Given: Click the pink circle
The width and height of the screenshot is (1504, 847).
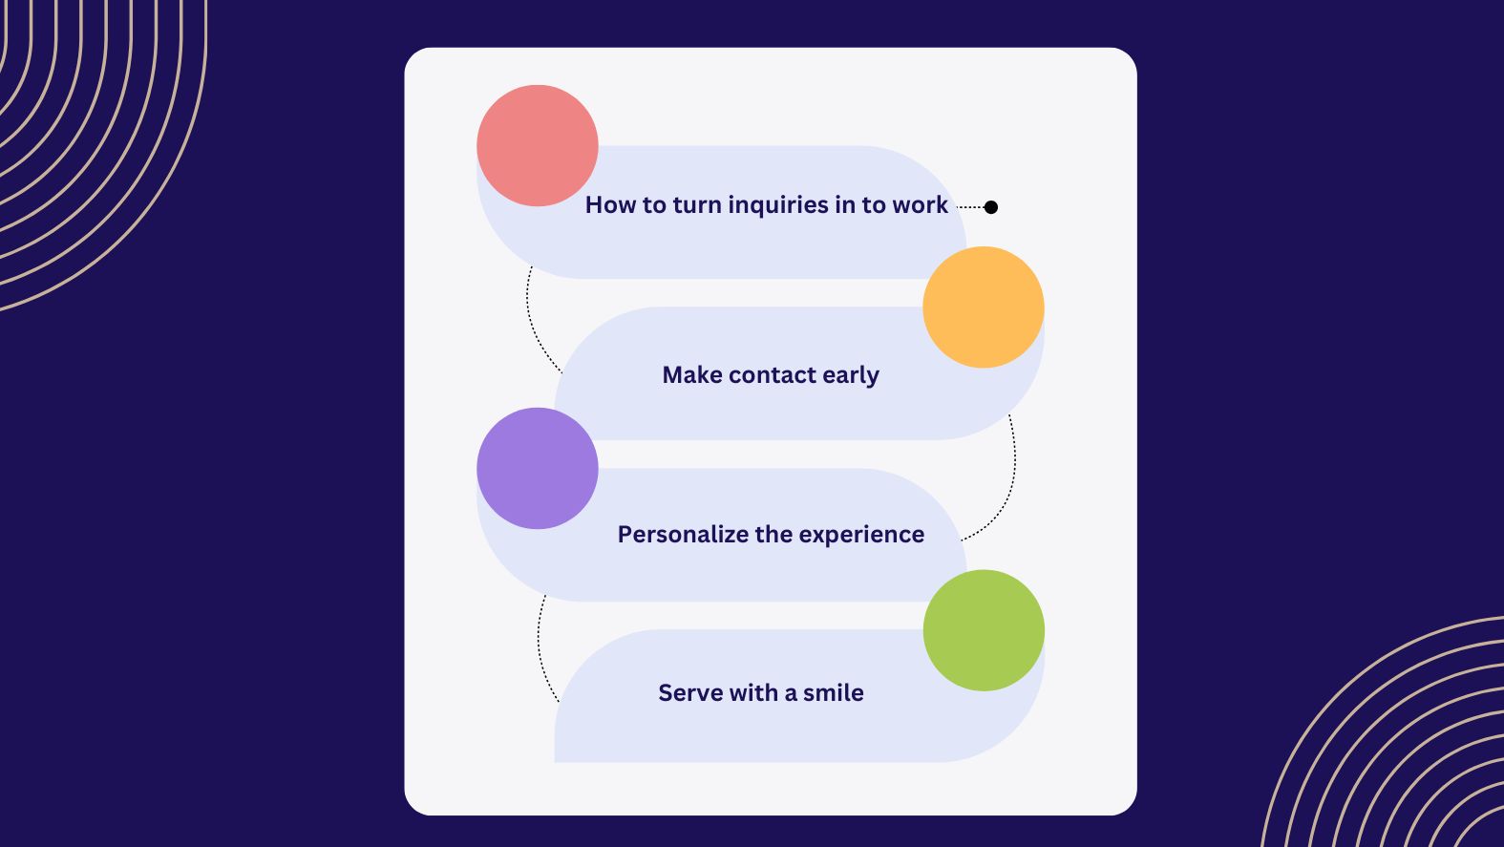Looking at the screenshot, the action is pos(537,145).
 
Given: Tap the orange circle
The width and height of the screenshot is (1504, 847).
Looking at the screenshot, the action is pos(983,307).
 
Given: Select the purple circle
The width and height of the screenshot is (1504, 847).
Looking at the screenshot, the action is pos(537,468).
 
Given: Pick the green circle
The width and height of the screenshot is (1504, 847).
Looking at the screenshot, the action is pos(984,630).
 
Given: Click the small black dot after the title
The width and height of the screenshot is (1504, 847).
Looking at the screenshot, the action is pos(991,206).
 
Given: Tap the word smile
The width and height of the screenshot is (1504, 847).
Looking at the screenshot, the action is pos(834,692).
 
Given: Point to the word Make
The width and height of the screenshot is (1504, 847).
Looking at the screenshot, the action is pos(692,374).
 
